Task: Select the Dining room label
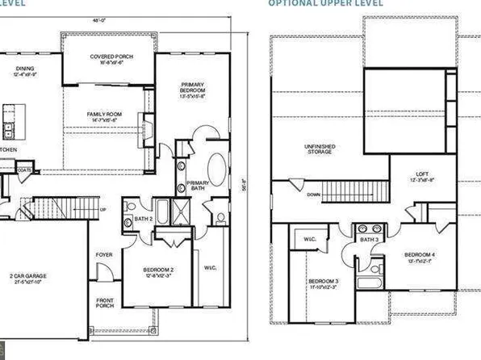[25, 71]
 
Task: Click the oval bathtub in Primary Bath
[218, 171]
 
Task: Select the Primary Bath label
[198, 186]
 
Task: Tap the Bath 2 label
[144, 219]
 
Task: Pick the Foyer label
[104, 255]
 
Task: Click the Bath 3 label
[370, 240]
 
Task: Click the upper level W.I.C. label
[309, 240]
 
